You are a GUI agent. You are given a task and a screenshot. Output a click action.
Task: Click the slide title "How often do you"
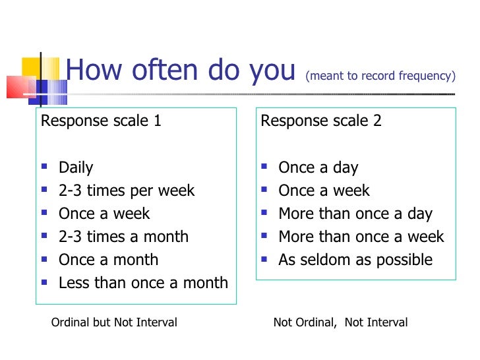pyautogui.click(x=180, y=71)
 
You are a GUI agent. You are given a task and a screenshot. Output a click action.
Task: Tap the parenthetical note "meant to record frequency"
pyautogui.click(x=380, y=76)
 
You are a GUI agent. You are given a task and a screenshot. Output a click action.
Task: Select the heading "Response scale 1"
pyautogui.click(x=101, y=121)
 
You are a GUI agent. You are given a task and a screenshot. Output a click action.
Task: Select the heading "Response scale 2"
pyautogui.click(x=321, y=121)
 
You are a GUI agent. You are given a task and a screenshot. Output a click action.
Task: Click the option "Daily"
pyautogui.click(x=76, y=167)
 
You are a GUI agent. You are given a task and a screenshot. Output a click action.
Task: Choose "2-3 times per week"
pyautogui.click(x=127, y=191)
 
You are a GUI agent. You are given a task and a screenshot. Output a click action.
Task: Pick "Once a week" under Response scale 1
pyautogui.click(x=104, y=214)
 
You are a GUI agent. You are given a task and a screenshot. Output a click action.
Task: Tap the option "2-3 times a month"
pyautogui.click(x=123, y=237)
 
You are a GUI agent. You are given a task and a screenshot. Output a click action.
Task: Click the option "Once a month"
pyautogui.click(x=108, y=260)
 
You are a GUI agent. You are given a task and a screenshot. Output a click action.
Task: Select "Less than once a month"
pyautogui.click(x=143, y=283)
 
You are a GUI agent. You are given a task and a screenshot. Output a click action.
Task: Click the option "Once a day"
pyautogui.click(x=318, y=167)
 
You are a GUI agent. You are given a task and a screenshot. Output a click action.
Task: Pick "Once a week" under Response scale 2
pyautogui.click(x=324, y=191)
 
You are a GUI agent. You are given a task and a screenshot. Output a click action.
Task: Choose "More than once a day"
pyautogui.click(x=355, y=214)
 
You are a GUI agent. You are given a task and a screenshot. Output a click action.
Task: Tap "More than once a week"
pyautogui.click(x=361, y=237)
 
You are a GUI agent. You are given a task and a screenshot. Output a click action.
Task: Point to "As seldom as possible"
pyautogui.click(x=355, y=260)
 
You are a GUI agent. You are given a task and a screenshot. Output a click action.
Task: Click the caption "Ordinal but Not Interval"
pyautogui.click(x=114, y=322)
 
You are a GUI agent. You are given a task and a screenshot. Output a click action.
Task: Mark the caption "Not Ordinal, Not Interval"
pyautogui.click(x=340, y=322)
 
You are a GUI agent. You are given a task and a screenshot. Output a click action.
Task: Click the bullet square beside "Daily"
pyautogui.click(x=44, y=168)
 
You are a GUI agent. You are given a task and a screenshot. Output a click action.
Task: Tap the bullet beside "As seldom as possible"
pyautogui.click(x=264, y=260)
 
